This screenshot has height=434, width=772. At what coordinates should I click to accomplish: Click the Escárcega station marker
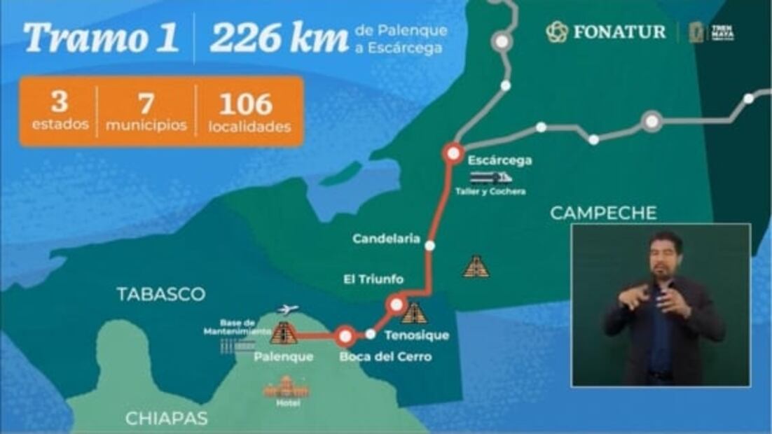[x=453, y=153]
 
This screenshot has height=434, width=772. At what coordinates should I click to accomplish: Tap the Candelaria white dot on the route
[x=430, y=246]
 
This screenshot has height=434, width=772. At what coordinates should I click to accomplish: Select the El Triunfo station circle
[x=397, y=304]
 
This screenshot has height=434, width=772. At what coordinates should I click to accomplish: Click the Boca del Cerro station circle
[x=345, y=337]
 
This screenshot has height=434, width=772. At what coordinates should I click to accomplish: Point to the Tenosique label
[x=417, y=335]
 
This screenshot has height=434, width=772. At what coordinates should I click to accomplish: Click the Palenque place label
[x=284, y=357]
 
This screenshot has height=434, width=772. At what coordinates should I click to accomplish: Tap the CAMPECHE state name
[x=603, y=213]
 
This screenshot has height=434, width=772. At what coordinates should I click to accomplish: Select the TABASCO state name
[x=161, y=294]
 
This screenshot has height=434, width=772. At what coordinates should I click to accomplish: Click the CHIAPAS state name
[x=166, y=419]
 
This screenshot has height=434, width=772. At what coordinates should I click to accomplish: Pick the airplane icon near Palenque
[x=288, y=309]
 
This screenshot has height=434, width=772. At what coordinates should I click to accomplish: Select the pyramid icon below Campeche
[x=476, y=266]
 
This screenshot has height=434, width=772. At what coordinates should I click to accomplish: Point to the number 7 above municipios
[x=146, y=104]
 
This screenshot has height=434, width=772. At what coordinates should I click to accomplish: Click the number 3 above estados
[x=60, y=102]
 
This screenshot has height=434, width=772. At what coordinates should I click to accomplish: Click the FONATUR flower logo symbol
[x=557, y=31]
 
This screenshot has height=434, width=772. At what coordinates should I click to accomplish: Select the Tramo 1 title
[x=100, y=38]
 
